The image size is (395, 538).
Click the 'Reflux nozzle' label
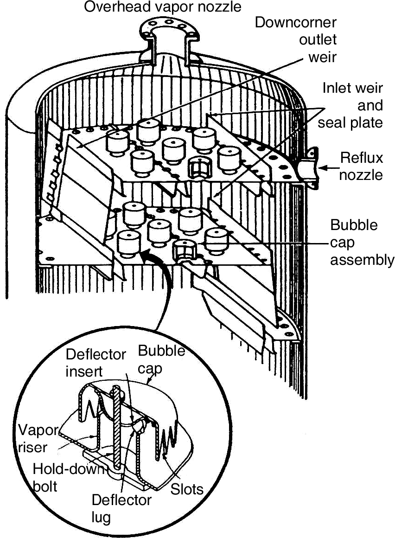pos(362,166)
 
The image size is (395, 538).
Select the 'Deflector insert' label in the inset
pos(96,363)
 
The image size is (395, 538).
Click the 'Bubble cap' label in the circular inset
pos(161,358)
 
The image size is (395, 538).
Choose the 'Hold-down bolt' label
pos(64,478)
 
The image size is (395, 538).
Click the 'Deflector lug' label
pos(121,508)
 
